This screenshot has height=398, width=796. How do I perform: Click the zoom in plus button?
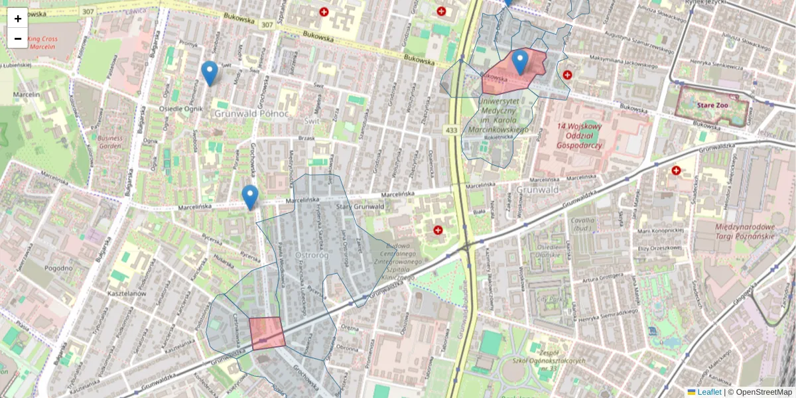pyautogui.click(x=18, y=19)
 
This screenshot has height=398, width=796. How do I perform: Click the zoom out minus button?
pyautogui.click(x=18, y=38)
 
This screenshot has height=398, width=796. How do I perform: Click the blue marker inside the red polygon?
pyautogui.click(x=520, y=62)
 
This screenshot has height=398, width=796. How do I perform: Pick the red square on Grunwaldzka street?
pyautogui.click(x=267, y=333)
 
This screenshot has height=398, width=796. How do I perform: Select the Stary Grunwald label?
pyautogui.click(x=361, y=207)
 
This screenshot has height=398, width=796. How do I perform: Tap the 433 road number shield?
pyautogui.click(x=452, y=130)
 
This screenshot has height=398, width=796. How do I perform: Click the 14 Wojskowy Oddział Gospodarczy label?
pyautogui.click(x=580, y=130)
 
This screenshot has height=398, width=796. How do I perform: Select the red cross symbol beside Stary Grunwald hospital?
pyautogui.click(x=438, y=230)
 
